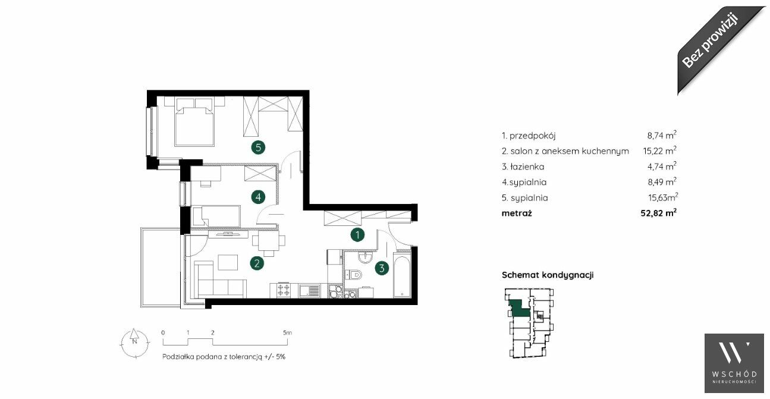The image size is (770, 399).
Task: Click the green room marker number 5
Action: (x=258, y=148)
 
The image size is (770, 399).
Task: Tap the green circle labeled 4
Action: (x=258, y=197)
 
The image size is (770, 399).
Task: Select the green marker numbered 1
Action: (x=357, y=235)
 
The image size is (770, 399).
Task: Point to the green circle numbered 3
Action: (x=382, y=268)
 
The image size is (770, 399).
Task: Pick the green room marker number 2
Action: (x=257, y=263)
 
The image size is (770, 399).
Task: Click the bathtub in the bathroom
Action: (x=402, y=277)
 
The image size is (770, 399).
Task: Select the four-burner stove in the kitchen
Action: (x=284, y=290)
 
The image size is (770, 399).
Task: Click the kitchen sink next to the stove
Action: (x=309, y=291)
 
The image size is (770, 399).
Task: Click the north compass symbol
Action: (x=135, y=343)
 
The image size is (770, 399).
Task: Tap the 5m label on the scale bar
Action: (x=287, y=332)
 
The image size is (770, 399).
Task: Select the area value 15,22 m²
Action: (x=659, y=150)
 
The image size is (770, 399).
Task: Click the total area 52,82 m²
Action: (x=659, y=213)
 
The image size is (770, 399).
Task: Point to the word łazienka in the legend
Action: (x=527, y=166)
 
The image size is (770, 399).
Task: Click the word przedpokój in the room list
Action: (x=533, y=136)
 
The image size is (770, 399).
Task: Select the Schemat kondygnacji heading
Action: (x=548, y=275)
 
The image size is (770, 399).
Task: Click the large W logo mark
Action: (x=734, y=353)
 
